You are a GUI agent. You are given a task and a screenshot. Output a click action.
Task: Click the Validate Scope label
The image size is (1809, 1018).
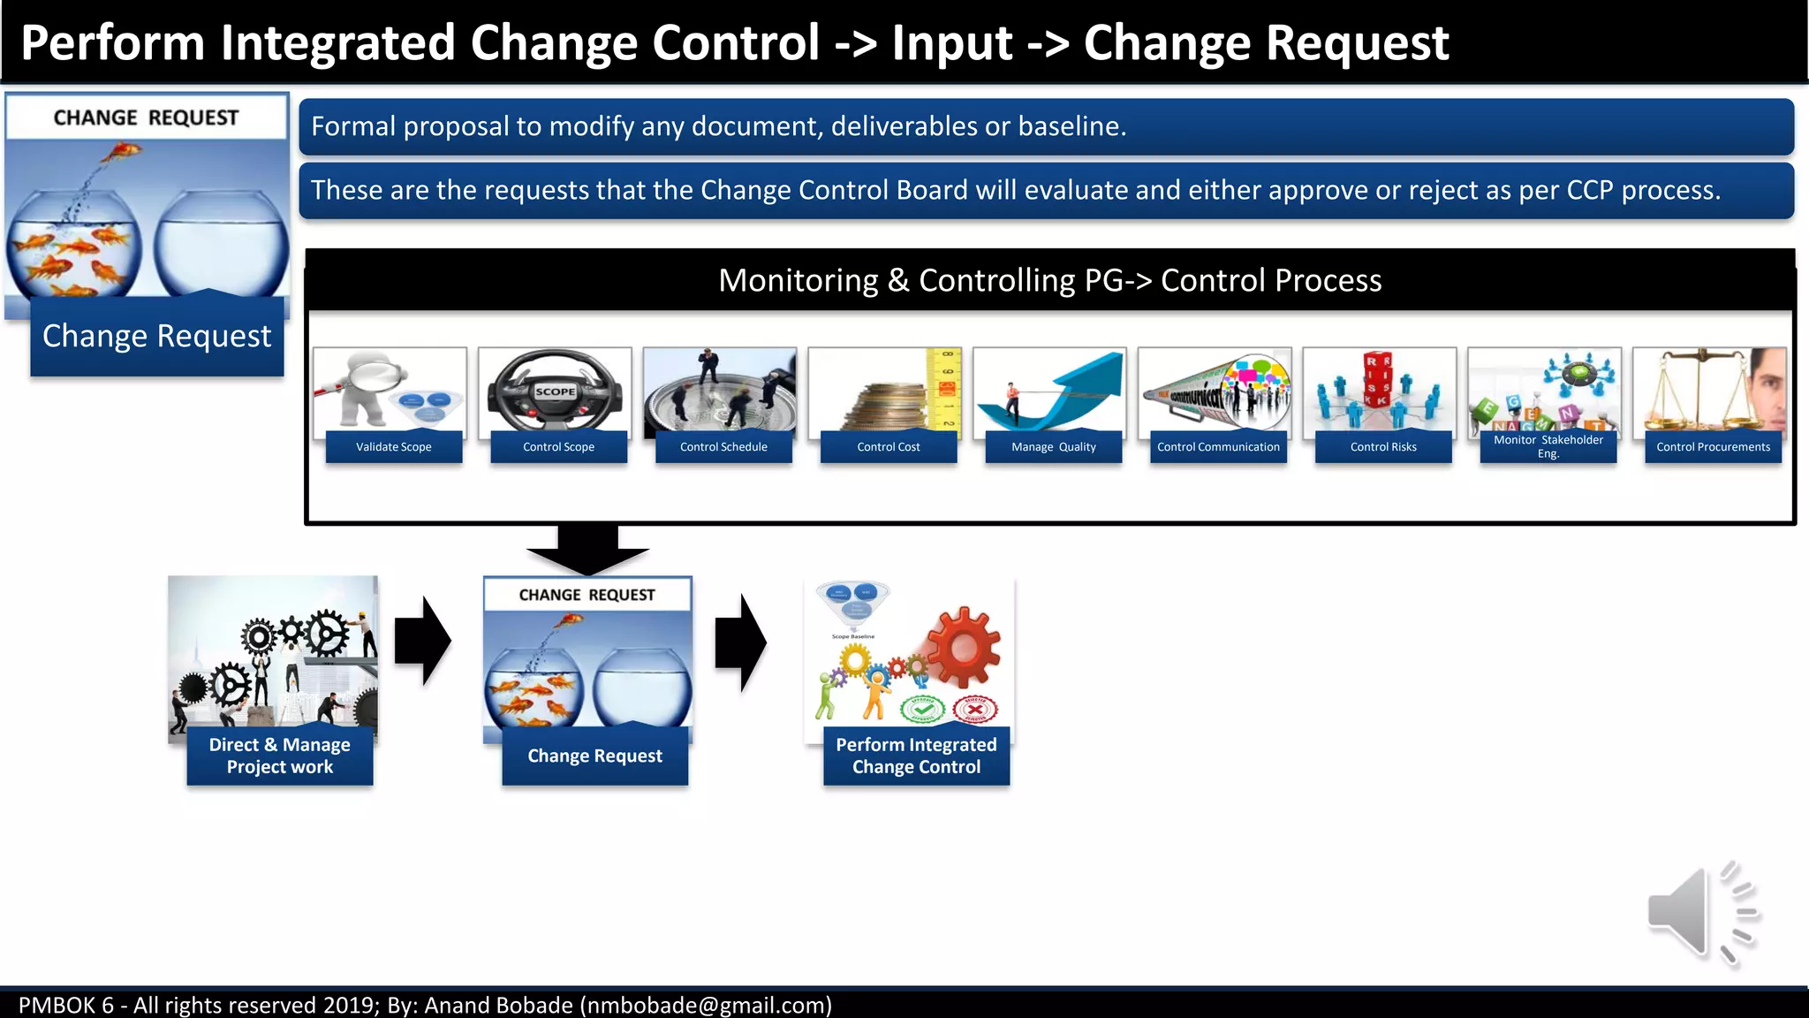[394, 447]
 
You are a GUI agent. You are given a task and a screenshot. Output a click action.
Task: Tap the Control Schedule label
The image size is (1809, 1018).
[723, 447]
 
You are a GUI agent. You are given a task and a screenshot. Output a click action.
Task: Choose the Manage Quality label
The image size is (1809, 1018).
[1053, 447]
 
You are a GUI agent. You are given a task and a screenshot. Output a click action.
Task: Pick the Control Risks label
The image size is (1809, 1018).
[1383, 447]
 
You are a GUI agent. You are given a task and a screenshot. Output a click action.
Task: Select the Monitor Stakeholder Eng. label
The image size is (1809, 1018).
[1548, 446]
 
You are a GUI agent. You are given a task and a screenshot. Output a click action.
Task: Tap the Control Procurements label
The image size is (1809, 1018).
[1713, 447]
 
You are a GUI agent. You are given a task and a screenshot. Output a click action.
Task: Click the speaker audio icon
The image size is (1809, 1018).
[1701, 913]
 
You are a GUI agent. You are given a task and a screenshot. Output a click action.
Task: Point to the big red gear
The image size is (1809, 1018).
[964, 647]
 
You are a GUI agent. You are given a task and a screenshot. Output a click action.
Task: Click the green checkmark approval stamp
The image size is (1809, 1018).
[922, 709]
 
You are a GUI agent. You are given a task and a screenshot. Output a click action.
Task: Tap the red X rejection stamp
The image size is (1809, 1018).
[975, 709]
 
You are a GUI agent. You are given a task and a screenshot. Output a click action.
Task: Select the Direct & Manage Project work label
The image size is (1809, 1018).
[280, 756]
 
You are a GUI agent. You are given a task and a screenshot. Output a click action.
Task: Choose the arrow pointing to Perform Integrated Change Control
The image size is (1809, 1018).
[740, 642]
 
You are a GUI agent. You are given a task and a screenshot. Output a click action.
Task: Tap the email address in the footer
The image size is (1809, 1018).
[706, 1006]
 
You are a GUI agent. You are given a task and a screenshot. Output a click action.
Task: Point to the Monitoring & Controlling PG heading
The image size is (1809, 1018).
[1049, 280]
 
